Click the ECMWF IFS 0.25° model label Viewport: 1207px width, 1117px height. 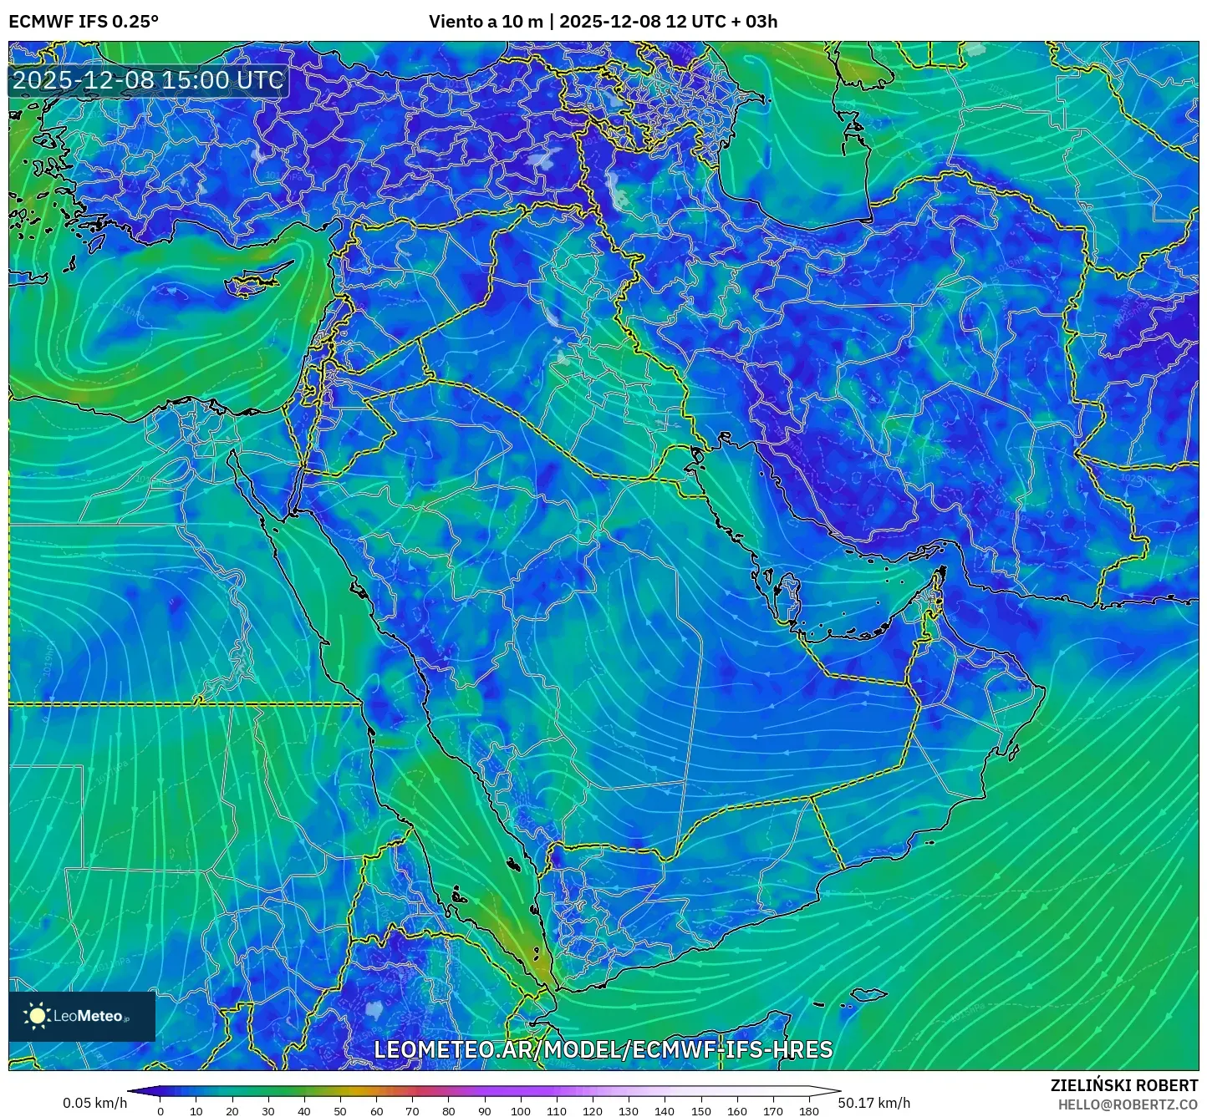click(84, 22)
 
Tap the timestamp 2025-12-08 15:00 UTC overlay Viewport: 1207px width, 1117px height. click(148, 80)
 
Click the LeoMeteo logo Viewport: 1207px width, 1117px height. click(82, 1016)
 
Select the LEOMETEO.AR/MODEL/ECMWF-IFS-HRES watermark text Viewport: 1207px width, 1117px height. click(603, 1049)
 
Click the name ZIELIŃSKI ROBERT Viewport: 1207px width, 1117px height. click(1123, 1085)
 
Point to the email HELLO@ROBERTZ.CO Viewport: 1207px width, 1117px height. click(1128, 1104)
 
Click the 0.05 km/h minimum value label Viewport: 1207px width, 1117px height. click(94, 1103)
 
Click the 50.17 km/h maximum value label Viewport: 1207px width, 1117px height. click(874, 1103)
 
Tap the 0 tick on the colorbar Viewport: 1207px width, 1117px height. click(160, 1111)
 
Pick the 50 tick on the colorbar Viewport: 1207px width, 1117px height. click(340, 1111)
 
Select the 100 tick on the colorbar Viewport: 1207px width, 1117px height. click(520, 1111)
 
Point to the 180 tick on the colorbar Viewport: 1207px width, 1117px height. click(808, 1111)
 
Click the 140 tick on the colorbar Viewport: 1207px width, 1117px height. click(665, 1111)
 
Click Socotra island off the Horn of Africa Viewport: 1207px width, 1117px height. click(870, 994)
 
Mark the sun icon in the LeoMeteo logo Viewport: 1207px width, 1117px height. click(37, 1016)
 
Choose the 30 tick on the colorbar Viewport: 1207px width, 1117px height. click(268, 1111)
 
